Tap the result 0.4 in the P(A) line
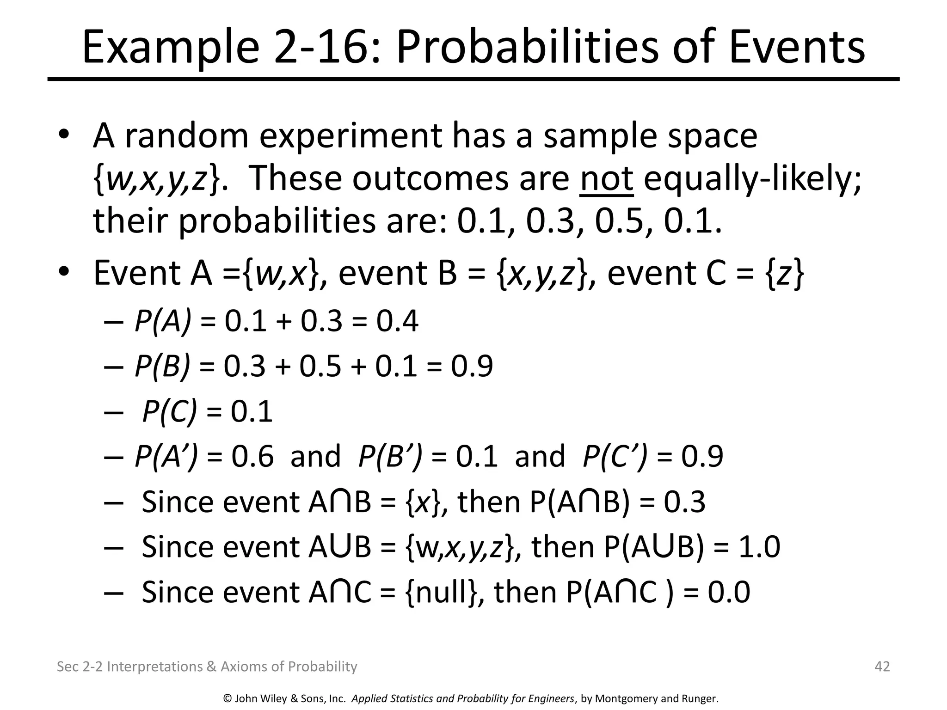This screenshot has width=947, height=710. click(x=397, y=321)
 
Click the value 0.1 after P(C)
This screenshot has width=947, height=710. click(x=252, y=411)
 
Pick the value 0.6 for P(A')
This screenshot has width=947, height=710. click(x=252, y=456)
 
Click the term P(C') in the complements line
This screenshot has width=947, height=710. click(x=615, y=456)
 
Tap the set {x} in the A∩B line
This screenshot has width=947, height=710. click(x=423, y=502)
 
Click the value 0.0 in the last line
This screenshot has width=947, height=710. click(x=729, y=592)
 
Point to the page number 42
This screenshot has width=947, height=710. click(x=882, y=667)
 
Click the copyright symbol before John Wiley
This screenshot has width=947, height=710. click(x=228, y=698)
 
